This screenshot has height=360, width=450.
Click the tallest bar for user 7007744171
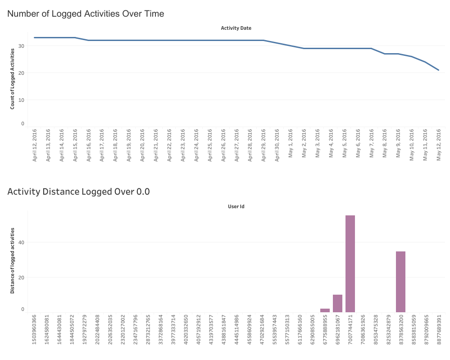(350, 264)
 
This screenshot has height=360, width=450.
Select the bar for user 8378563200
(400, 282)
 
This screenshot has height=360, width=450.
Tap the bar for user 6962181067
(337, 303)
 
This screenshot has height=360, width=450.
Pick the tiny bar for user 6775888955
(325, 310)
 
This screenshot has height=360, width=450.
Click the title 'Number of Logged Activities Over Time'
(86, 14)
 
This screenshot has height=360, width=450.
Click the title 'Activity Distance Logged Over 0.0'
(78, 191)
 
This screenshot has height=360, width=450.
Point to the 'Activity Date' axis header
(236, 28)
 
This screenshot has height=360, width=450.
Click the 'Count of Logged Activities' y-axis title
(13, 79)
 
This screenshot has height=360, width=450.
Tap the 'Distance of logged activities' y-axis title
(13, 260)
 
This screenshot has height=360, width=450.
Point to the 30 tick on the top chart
(21, 46)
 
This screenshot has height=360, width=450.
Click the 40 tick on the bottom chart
(21, 242)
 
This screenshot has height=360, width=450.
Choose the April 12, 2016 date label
(35, 145)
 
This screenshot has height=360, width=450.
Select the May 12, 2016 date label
(438, 145)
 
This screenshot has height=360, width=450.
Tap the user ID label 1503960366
(35, 333)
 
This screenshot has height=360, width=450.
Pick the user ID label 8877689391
(438, 333)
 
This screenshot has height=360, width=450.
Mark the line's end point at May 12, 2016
(438, 70)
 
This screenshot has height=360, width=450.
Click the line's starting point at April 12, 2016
(35, 37)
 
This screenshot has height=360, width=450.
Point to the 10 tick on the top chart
(21, 100)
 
